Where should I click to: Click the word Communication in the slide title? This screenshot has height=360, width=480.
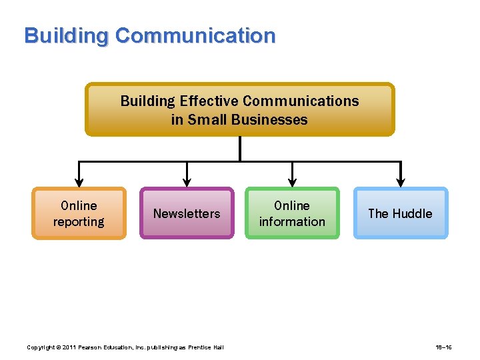click(x=195, y=36)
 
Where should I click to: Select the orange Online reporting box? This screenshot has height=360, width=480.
click(x=79, y=213)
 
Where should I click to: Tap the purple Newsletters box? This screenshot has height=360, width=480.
click(x=187, y=213)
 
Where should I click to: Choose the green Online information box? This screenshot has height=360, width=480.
click(x=292, y=213)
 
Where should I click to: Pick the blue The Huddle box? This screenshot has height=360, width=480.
click(x=400, y=213)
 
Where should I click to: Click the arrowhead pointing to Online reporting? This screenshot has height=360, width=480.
click(x=79, y=181)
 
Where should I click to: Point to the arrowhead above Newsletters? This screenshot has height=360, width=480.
click(x=187, y=181)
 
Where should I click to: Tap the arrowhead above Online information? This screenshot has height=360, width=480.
click(x=292, y=181)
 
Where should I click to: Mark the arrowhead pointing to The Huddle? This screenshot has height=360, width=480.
click(x=400, y=181)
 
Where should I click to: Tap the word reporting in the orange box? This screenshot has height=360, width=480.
click(x=79, y=222)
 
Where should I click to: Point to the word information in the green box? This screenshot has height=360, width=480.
click(x=292, y=222)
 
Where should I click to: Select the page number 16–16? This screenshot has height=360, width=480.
click(x=445, y=347)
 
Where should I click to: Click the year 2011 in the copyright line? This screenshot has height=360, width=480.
click(x=71, y=347)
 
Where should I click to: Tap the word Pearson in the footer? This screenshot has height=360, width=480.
click(x=95, y=347)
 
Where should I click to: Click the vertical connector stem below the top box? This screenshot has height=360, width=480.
click(x=240, y=148)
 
